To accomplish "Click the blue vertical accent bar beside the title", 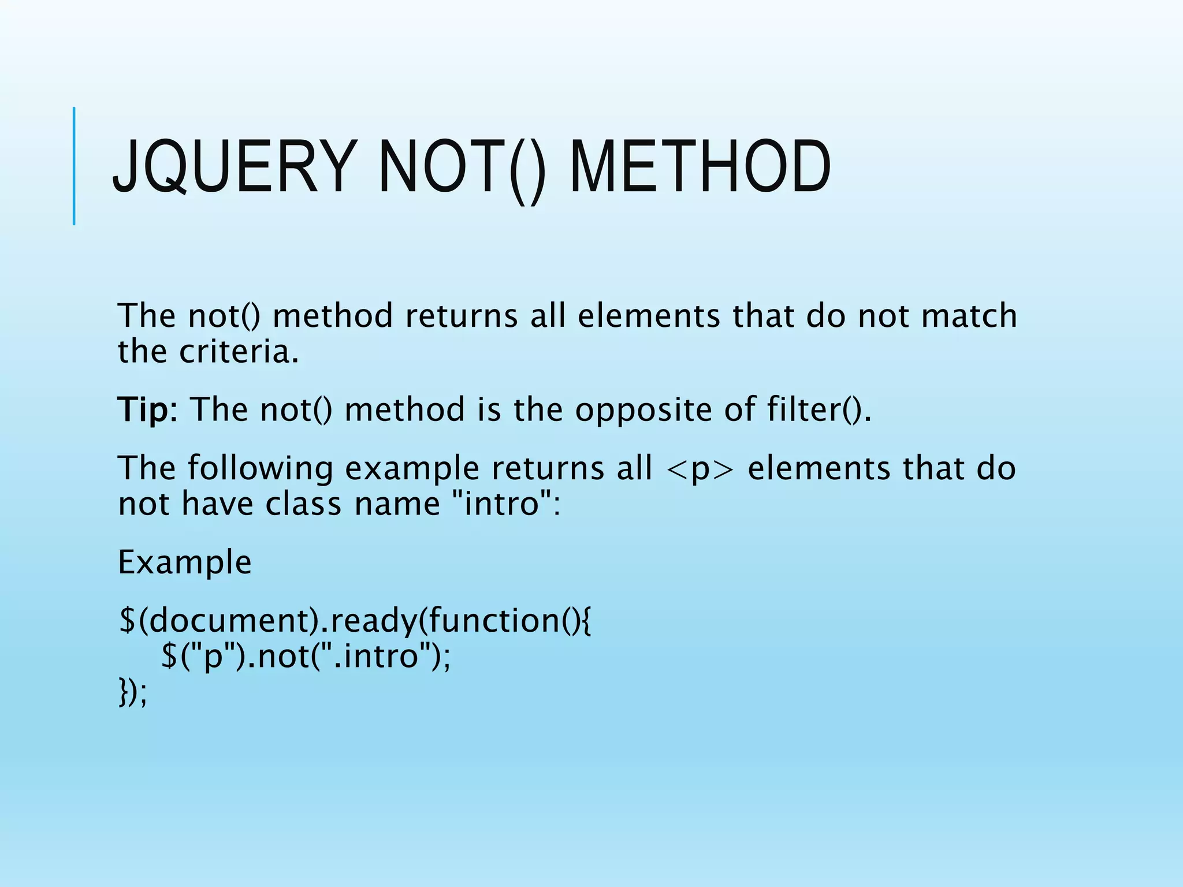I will tap(74, 166).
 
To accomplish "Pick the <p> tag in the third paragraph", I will tap(700, 469).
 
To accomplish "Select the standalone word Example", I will tap(185, 562).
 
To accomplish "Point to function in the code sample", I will tap(491, 621).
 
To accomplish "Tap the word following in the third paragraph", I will tap(261, 469).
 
